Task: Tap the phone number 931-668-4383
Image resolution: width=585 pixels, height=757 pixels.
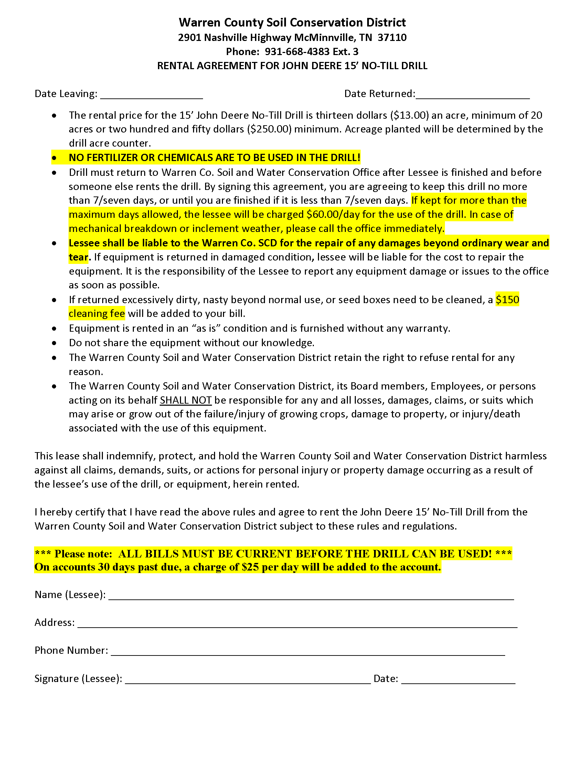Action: [297, 52]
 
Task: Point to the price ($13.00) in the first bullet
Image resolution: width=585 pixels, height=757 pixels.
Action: [409, 115]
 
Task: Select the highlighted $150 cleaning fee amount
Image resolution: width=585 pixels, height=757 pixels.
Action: [507, 300]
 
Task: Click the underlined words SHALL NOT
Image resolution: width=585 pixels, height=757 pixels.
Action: [185, 400]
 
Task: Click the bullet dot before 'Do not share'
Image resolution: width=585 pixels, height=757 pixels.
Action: [54, 343]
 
